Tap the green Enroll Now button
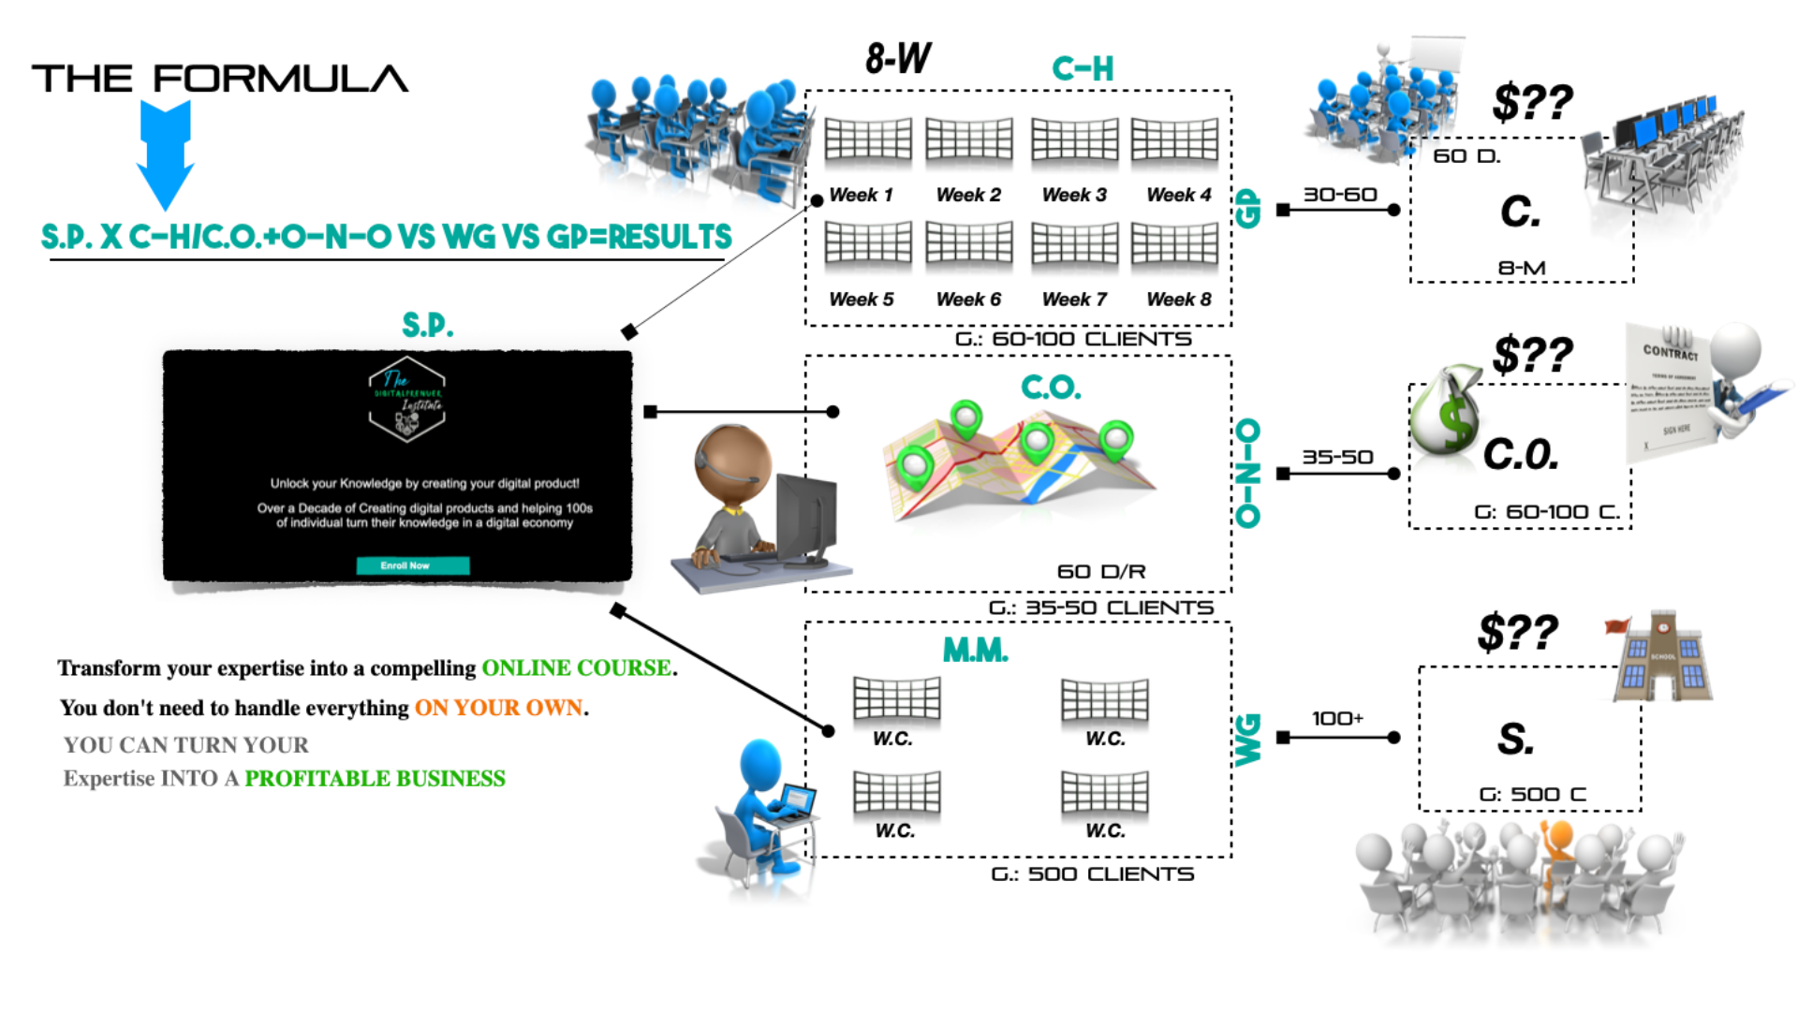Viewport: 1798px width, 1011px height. pos(412,565)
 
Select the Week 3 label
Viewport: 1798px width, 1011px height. pos(1074,195)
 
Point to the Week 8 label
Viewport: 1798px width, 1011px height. pos(1178,300)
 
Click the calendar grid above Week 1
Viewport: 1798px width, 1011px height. pos(868,140)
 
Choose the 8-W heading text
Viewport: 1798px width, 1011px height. pos(898,59)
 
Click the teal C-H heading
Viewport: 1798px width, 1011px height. pos(1083,68)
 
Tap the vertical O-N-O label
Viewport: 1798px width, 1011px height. pos(1248,473)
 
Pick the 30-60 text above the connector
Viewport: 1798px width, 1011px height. pos(1340,194)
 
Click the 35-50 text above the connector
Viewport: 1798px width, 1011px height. pos(1337,457)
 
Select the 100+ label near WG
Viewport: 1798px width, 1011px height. pos(1337,718)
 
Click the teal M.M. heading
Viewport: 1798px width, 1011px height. pos(975,650)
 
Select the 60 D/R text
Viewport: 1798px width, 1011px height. pos(1101,571)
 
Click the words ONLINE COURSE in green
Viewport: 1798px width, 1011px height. pos(576,667)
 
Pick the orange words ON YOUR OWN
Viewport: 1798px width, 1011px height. pos(499,708)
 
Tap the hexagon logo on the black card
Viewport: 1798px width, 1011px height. pos(406,400)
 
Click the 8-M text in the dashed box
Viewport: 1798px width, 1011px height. pos(1522,268)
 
